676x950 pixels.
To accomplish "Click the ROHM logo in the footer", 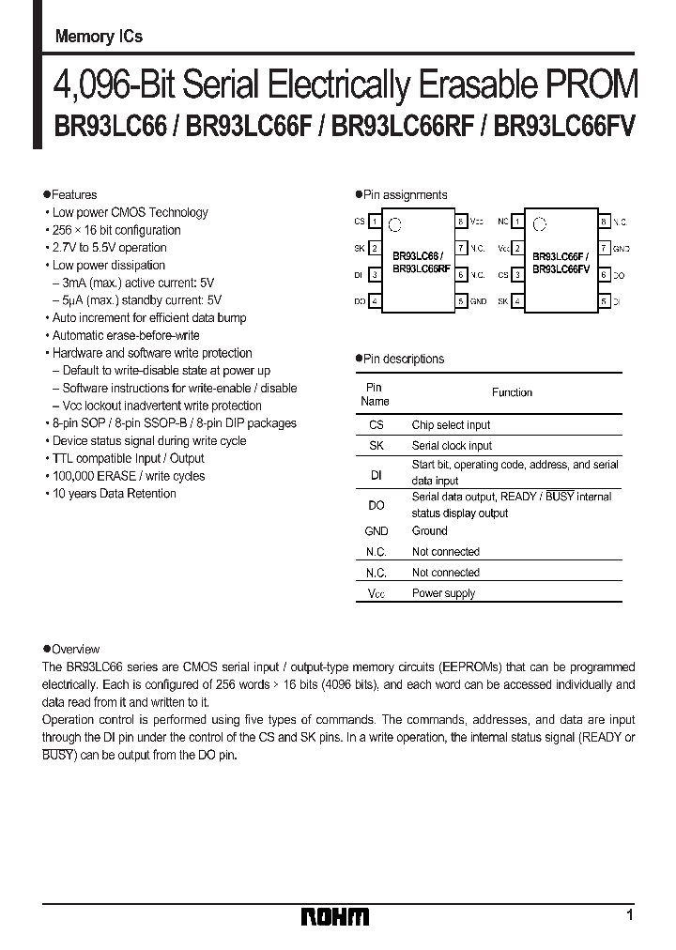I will [335, 916].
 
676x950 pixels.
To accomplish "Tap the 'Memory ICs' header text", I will [99, 37].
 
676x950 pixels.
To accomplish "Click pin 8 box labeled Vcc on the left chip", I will [461, 222].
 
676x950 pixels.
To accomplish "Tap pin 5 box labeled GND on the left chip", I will [461, 301].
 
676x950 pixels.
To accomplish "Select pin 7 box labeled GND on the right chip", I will [604, 249].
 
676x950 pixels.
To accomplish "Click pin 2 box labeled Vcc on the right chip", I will [517, 249].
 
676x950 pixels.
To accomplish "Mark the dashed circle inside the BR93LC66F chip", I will [538, 224].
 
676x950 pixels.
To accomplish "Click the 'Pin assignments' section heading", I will [406, 194].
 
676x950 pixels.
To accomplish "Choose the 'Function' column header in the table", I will [512, 392].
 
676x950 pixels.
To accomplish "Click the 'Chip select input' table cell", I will [451, 425].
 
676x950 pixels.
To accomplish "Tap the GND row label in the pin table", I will [376, 531].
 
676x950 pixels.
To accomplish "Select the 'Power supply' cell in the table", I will [443, 593].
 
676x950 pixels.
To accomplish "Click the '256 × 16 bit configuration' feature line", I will [116, 230].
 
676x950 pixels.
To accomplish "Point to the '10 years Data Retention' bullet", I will [114, 494].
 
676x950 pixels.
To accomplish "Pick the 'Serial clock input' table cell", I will [452, 446].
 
